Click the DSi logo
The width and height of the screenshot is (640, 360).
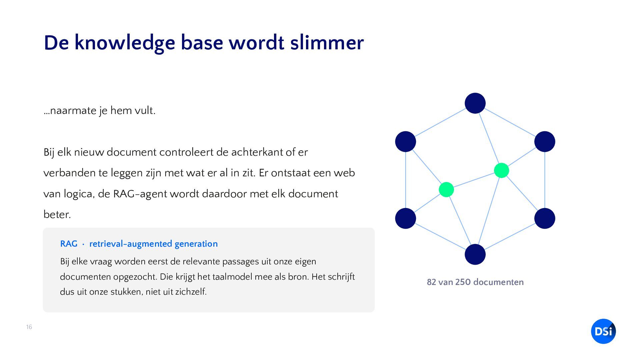click(x=603, y=331)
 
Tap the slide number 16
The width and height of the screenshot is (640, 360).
click(x=29, y=327)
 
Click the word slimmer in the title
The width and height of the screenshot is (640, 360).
click(x=327, y=43)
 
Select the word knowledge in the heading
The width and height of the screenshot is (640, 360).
click(x=125, y=43)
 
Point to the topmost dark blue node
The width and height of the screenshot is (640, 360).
click(x=475, y=103)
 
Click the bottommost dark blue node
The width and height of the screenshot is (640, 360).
click(x=475, y=254)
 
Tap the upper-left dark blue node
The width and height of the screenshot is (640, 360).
click(x=405, y=141)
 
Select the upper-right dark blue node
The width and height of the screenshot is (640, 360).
click(x=545, y=141)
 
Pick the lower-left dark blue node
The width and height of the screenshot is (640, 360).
click(x=405, y=218)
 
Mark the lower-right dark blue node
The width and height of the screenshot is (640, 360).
click(x=545, y=218)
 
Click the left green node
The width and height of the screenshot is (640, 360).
click(x=446, y=190)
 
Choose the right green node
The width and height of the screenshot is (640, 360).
click(x=501, y=170)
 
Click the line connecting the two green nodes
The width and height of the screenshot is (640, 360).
click(x=474, y=180)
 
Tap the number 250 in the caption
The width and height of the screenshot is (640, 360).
click(x=463, y=282)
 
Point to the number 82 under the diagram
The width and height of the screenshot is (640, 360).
click(x=431, y=282)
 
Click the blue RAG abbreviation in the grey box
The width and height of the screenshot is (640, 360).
click(x=69, y=244)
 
